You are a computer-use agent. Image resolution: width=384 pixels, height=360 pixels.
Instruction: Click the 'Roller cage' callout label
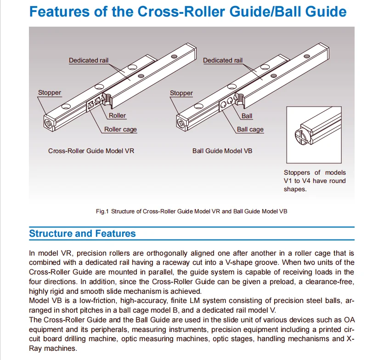(x=120, y=129)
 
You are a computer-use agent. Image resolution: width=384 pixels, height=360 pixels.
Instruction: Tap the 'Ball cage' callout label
(x=250, y=129)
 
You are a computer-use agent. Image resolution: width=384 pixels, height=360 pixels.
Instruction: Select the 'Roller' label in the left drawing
(x=117, y=115)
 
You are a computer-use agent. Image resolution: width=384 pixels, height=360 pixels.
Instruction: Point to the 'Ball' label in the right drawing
(x=247, y=116)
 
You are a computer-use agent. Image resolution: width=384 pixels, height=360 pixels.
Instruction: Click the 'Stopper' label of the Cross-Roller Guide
(x=50, y=92)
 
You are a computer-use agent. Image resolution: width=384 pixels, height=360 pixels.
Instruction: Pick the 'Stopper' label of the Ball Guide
(x=181, y=93)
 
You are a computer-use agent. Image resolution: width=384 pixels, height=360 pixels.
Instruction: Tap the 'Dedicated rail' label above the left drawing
(x=88, y=60)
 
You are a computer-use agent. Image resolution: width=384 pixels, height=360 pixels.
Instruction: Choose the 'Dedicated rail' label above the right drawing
(x=223, y=60)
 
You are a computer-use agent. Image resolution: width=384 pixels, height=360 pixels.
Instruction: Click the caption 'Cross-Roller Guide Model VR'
(x=91, y=151)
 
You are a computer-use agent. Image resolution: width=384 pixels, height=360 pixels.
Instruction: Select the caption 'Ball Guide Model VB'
(x=222, y=151)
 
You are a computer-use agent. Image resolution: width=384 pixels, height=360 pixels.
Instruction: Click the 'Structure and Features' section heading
(x=82, y=233)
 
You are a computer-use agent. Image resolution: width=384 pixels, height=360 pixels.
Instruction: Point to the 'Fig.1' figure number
(x=102, y=211)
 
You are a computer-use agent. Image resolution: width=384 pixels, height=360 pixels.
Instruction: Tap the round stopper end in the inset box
(x=301, y=136)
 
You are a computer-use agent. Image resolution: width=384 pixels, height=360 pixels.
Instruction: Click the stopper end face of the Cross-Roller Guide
(x=49, y=123)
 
